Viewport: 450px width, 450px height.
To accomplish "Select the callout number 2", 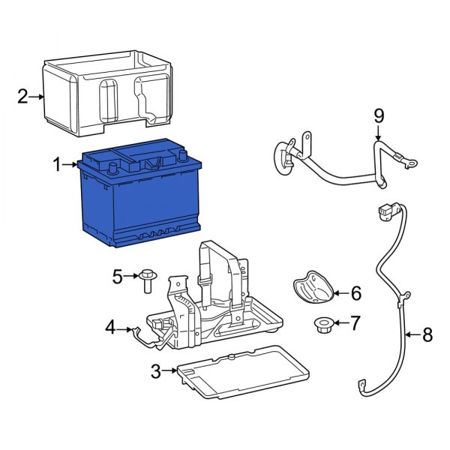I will pyautogui.click(x=22, y=96).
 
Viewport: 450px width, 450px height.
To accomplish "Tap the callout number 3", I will pyautogui.click(x=154, y=370).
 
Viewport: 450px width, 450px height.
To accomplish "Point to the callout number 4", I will pyautogui.click(x=110, y=328).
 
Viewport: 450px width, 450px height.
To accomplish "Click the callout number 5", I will pyautogui.click(x=117, y=277).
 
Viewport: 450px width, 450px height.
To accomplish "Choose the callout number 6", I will pyautogui.click(x=355, y=292).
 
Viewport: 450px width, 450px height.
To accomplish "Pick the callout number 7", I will pyautogui.click(x=355, y=323).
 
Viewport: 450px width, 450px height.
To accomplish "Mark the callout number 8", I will pyautogui.click(x=427, y=335).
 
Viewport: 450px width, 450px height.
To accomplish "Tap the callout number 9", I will pyautogui.click(x=379, y=115).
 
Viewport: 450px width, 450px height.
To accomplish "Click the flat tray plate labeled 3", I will pyautogui.click(x=240, y=371).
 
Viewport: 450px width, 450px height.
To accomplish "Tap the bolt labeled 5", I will pyautogui.click(x=146, y=280).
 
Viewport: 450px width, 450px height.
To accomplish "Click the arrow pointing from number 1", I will pyautogui.click(x=72, y=163).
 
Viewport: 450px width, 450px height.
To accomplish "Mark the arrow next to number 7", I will pyautogui.click(x=338, y=323).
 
